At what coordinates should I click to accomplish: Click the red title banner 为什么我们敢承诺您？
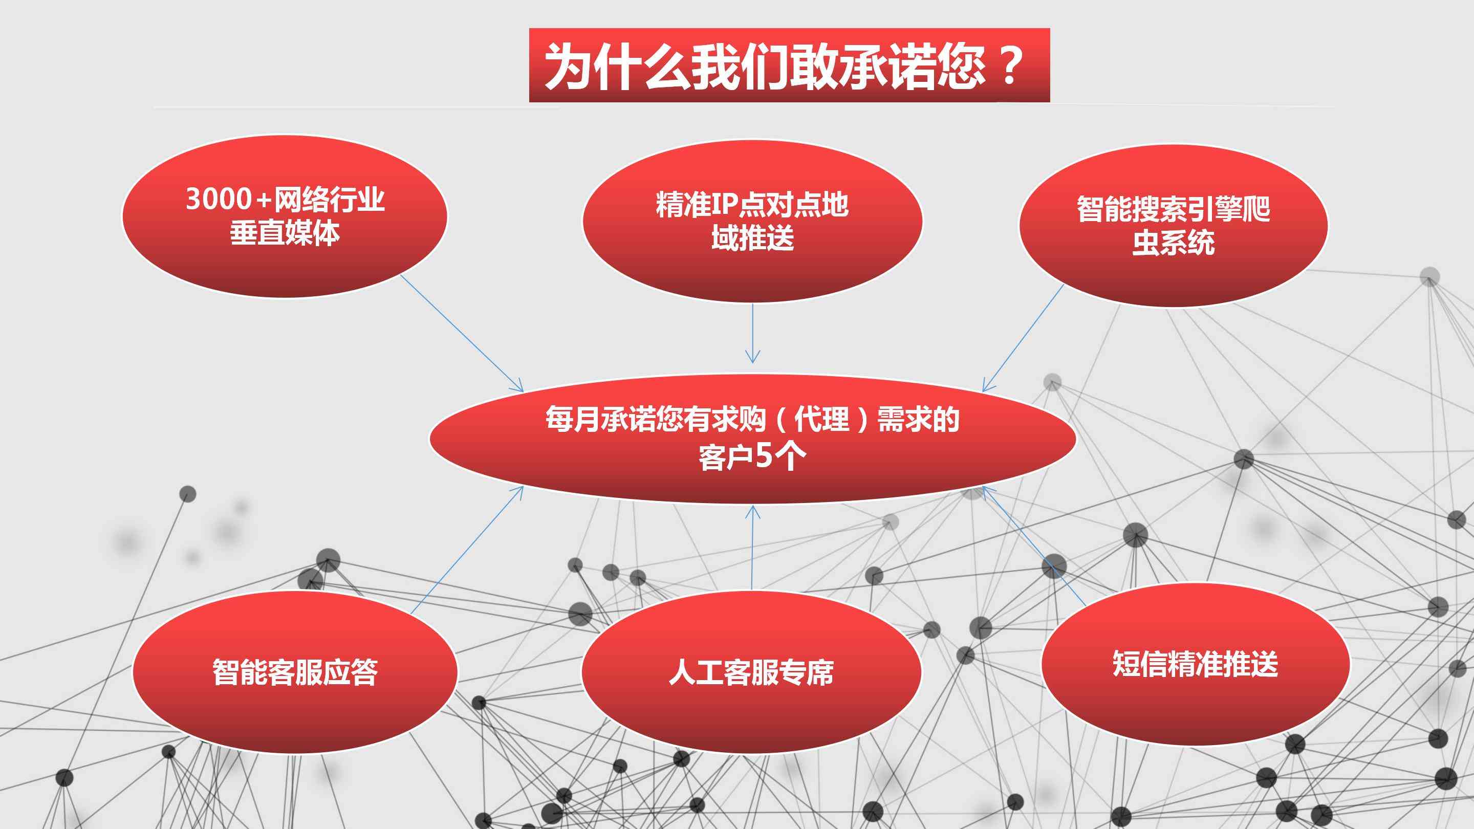(789, 65)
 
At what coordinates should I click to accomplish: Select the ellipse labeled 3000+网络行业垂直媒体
(285, 216)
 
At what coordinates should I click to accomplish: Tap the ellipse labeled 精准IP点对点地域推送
(752, 221)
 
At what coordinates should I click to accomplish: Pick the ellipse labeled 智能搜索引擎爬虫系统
(1174, 225)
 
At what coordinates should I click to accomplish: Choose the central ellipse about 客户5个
(752, 439)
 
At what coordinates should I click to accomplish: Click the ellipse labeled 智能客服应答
(295, 672)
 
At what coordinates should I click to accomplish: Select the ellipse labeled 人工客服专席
(751, 672)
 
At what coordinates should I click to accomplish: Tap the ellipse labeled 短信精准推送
(1196, 664)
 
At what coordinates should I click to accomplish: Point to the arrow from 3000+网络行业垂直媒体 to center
(462, 333)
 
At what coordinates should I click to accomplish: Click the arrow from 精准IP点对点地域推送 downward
(752, 333)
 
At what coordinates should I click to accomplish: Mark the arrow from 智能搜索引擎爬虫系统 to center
(1023, 338)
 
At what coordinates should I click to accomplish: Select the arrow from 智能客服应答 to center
(467, 551)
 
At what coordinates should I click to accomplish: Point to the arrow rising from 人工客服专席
(752, 548)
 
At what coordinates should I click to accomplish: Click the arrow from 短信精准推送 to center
(1034, 545)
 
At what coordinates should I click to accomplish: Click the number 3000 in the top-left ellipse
(219, 199)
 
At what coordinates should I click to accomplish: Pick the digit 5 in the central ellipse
(765, 456)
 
